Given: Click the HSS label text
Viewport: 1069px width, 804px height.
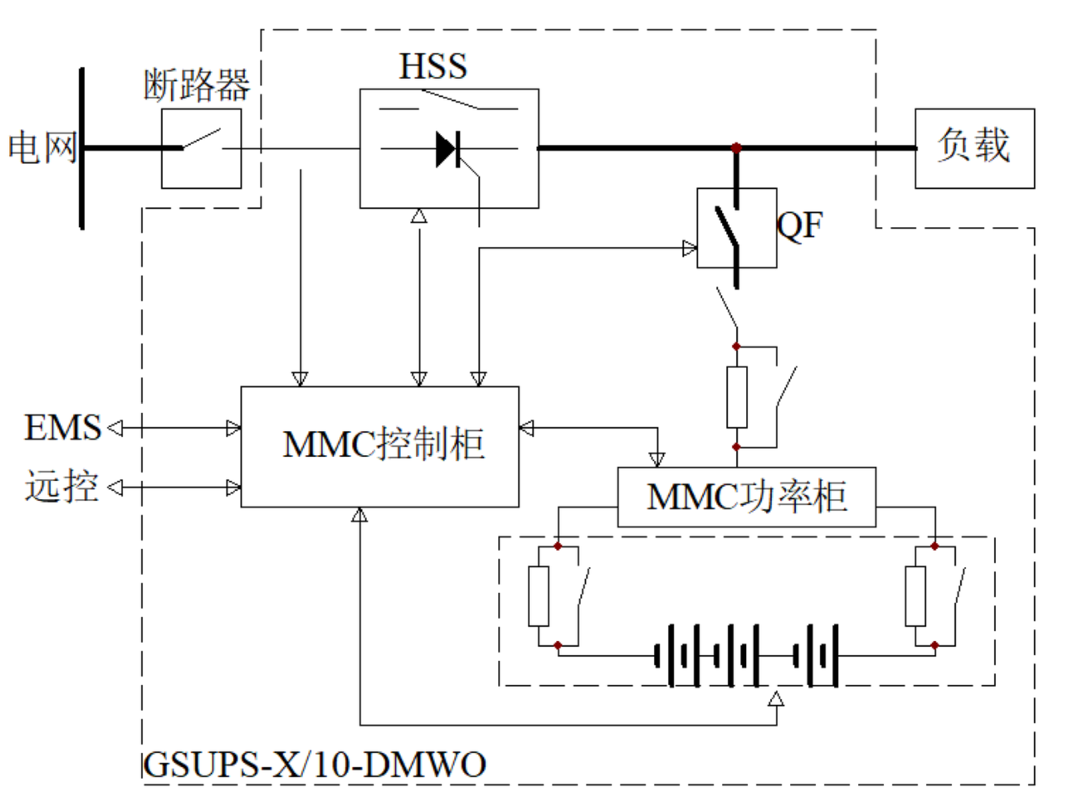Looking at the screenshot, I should tap(433, 66).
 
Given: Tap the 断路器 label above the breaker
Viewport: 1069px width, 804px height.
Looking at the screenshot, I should tap(196, 84).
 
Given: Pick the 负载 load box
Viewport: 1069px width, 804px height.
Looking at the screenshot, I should tap(974, 148).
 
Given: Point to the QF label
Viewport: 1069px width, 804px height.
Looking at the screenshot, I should tap(800, 226).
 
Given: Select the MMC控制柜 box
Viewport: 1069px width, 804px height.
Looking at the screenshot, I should tap(380, 446).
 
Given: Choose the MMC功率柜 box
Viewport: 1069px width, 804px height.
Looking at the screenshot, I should tap(746, 497).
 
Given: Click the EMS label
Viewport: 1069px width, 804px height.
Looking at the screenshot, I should tap(63, 428).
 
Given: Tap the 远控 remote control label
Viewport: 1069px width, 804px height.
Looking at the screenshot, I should tap(61, 486).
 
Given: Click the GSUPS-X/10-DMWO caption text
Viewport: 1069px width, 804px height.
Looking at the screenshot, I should tap(314, 765).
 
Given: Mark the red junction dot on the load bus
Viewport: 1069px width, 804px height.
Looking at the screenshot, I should tap(736, 148).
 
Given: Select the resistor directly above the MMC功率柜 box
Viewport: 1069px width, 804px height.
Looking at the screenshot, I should tap(736, 397).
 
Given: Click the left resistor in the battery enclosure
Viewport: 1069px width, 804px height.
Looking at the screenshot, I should tap(538, 596).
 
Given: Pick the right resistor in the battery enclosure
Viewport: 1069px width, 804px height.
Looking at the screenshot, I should tap(915, 596).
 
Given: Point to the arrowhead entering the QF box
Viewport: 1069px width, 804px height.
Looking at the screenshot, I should tap(690, 248).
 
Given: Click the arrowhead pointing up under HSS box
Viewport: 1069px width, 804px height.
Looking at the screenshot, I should tap(419, 216).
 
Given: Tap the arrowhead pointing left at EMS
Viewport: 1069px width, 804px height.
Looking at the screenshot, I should tap(115, 428).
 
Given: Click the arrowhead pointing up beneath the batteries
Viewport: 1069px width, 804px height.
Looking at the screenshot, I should tap(776, 699).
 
